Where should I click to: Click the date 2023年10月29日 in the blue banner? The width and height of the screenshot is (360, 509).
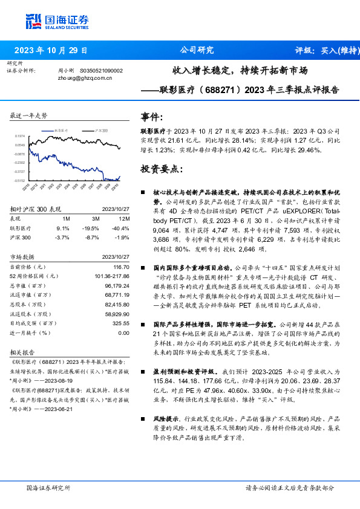pos(51,51)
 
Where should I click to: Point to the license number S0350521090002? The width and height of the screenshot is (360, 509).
pos(101,71)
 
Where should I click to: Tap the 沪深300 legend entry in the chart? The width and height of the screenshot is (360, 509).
pos(100,130)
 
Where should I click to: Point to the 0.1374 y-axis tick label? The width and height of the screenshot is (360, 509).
pos(20,137)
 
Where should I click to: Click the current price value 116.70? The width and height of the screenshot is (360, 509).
pos(122,267)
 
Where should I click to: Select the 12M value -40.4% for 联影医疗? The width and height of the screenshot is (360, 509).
pos(120,229)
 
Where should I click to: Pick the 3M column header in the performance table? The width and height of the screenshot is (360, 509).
pos(94,218)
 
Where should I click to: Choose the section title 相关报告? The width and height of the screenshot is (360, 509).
pos(24,352)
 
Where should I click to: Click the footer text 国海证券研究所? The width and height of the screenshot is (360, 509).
pos(48,487)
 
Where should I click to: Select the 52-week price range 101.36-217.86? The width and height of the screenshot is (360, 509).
pos(112,276)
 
